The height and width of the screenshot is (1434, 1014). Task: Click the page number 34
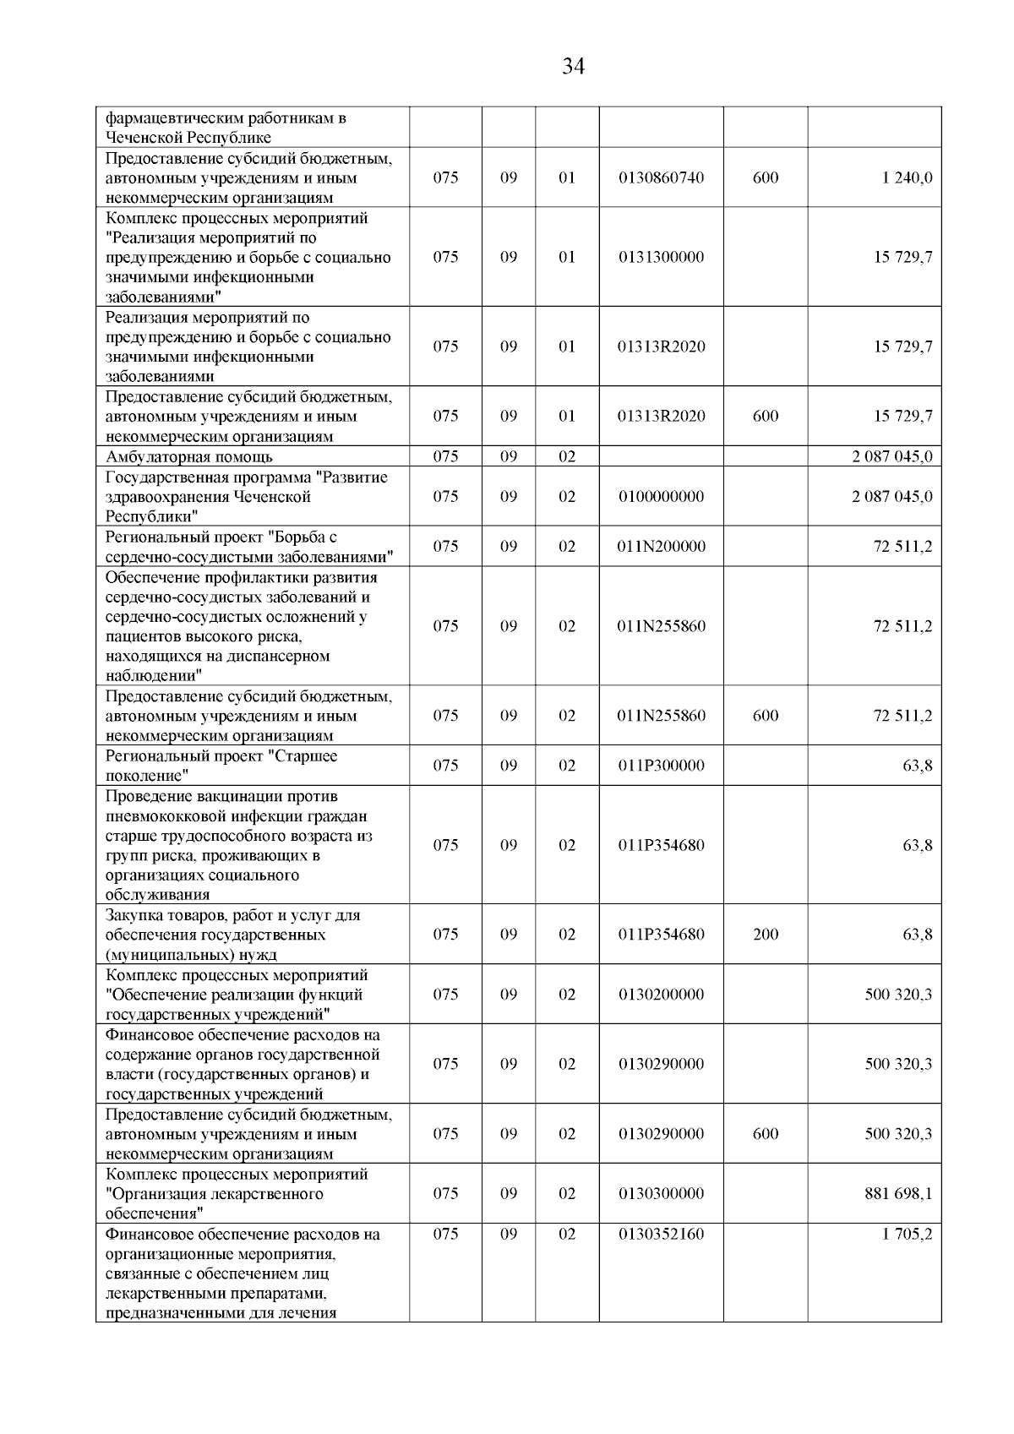[x=573, y=67]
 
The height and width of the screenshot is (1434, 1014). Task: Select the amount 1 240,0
[x=907, y=178]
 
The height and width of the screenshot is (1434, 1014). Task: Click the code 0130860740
[x=661, y=178]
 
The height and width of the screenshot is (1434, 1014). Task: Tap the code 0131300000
[x=661, y=258]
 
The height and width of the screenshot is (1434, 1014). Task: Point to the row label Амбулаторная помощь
[x=188, y=457]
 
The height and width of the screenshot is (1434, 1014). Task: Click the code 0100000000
[x=661, y=497]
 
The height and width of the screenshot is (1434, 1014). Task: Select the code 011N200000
[x=661, y=547]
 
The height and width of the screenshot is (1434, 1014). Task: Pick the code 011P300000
[x=661, y=766]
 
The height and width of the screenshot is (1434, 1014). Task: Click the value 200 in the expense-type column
[x=766, y=935]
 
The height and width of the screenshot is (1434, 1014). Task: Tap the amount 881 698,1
[x=898, y=1194]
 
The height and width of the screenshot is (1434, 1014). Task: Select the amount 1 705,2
[x=907, y=1235]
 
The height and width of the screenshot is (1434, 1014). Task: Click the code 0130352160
[x=661, y=1235]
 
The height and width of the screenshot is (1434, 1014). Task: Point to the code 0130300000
[x=661, y=1194]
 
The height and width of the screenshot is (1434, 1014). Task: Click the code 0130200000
[x=661, y=995]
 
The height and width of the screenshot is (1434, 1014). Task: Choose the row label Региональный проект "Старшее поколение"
[x=221, y=766]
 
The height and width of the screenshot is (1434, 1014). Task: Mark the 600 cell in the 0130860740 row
[x=766, y=178]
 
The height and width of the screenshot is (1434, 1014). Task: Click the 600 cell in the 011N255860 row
[x=766, y=716]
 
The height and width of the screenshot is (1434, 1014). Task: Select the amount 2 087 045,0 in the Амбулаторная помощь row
[x=892, y=457]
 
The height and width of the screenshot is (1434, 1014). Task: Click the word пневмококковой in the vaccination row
[x=166, y=817]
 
